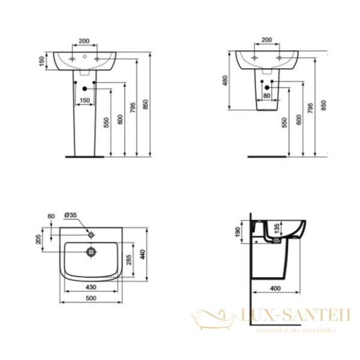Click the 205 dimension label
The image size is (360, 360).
[x=39, y=240]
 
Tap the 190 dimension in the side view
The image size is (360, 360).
[x=239, y=231]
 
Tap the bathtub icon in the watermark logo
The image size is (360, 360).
[x=208, y=317]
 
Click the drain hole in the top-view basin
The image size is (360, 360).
[x=92, y=251]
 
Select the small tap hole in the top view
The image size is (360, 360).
[x=92, y=232]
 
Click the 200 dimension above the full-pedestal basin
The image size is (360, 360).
[x=84, y=41]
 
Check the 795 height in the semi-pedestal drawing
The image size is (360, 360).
[x=310, y=107]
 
